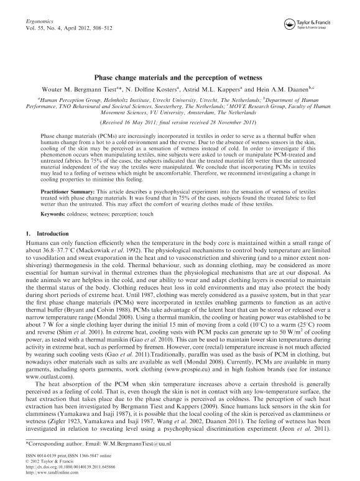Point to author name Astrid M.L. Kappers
(229, 90)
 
